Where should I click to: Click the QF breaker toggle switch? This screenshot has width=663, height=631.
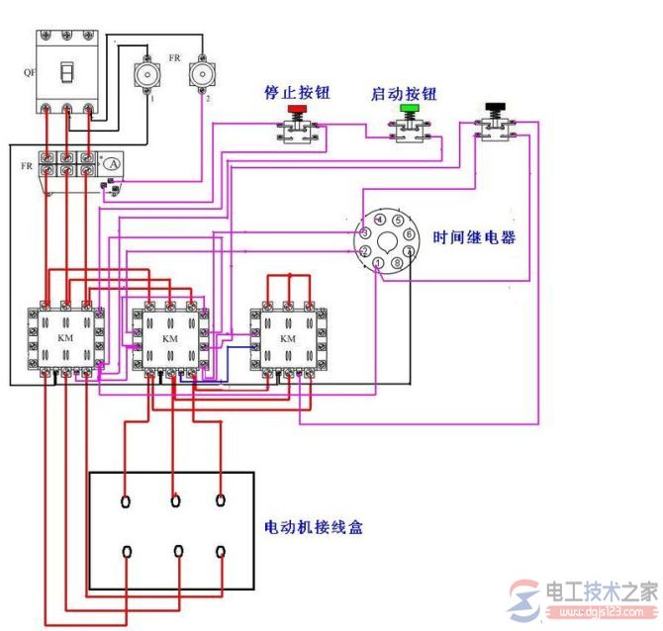66,74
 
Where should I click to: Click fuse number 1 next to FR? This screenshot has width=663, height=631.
147,75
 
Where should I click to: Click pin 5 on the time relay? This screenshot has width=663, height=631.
397,222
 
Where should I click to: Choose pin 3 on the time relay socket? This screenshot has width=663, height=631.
365,233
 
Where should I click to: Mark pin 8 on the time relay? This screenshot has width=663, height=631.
397,265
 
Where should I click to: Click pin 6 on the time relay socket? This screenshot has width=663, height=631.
410,234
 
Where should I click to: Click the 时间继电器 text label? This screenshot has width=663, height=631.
474,238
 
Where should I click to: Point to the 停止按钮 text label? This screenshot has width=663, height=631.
296,92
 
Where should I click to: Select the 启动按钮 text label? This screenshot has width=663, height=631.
403,92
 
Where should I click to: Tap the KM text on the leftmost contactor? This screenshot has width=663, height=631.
65,339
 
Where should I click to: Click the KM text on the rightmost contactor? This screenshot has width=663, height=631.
288,339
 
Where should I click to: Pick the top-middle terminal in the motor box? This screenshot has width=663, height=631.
175,500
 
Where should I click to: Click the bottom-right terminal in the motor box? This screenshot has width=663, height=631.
221,551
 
